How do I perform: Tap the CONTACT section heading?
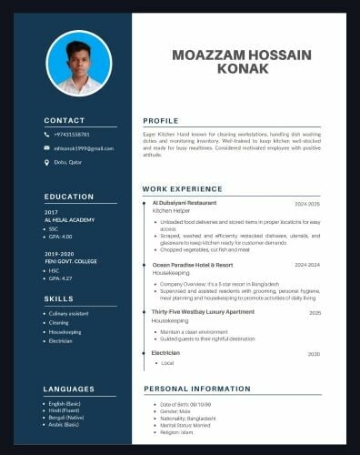65,120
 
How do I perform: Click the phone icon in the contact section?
47,135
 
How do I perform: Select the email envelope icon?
47,148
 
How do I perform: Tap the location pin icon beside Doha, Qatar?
47,163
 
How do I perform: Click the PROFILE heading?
161,120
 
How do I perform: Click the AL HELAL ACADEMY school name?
70,220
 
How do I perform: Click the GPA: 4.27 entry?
61,278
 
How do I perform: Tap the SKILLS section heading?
59,298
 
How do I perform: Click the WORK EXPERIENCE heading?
181,189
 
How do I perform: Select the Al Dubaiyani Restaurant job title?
185,202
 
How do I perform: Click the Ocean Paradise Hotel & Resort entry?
195,265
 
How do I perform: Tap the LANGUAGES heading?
69,389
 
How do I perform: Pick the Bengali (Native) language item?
69,417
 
